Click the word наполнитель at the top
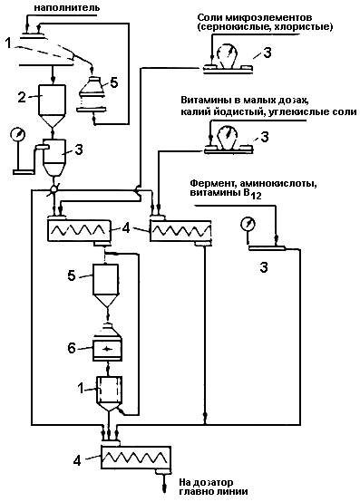click(x=66, y=7)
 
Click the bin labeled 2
click(x=52, y=106)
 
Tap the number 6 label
click(x=72, y=348)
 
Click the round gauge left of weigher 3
click(x=17, y=134)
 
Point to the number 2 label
click(x=22, y=97)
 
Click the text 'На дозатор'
click(x=206, y=482)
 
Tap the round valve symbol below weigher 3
click(x=54, y=189)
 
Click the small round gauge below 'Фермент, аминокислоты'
click(x=248, y=223)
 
